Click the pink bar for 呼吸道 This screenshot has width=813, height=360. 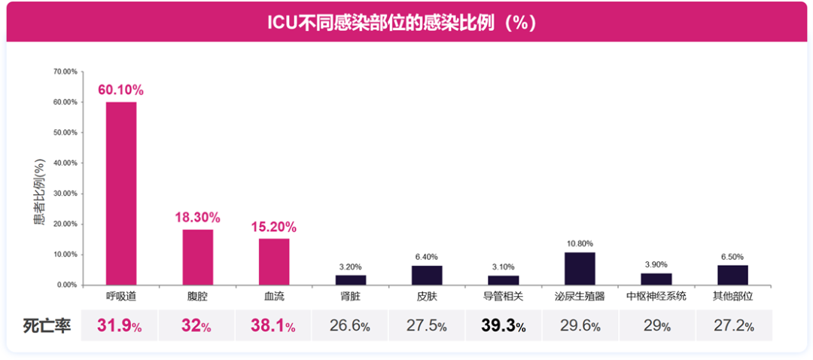pos(120,194)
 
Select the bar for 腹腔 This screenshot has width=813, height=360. pos(197,257)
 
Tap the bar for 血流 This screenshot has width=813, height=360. pos(274,261)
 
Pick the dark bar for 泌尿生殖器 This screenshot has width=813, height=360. pos(580,268)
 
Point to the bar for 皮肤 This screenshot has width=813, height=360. pos(427,275)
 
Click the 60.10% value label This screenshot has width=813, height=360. pos(120,90)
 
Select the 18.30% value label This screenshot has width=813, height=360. pos(197,217)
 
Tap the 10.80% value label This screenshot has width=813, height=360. pos(580,243)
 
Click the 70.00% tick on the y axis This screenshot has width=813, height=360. pos(65,72)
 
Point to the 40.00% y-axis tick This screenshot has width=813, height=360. pos(65,163)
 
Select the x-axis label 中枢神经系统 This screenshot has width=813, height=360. pos(656,296)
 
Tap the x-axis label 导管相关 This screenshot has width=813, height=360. pos(504,296)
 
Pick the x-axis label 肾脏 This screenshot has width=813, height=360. pos(350,296)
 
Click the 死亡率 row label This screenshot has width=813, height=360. pos(47,326)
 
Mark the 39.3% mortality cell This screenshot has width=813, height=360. pos(504,326)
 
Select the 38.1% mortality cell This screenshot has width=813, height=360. pos(274,326)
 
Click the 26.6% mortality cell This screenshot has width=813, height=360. pos(350,326)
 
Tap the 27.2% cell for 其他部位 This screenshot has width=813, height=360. pos(733,326)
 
